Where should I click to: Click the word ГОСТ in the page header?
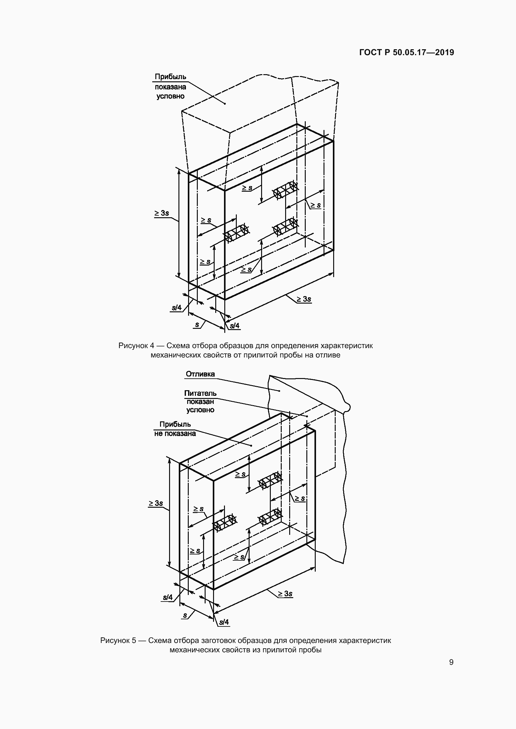(x=371, y=52)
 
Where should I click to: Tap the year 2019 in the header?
(x=444, y=52)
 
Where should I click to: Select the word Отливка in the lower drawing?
(x=200, y=374)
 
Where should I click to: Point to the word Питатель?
(x=200, y=393)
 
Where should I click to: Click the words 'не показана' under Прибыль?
(x=175, y=434)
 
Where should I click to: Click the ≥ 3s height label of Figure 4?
(x=162, y=213)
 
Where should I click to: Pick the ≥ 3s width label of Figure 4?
(x=304, y=299)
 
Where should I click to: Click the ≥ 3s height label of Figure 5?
(x=156, y=503)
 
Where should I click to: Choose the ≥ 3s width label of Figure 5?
(x=285, y=593)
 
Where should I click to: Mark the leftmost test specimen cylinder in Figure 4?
(x=236, y=233)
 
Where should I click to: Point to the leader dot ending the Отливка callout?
(x=280, y=391)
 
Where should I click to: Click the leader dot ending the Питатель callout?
(x=307, y=416)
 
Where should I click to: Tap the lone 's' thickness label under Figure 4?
(x=197, y=324)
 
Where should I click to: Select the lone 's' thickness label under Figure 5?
(x=185, y=615)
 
